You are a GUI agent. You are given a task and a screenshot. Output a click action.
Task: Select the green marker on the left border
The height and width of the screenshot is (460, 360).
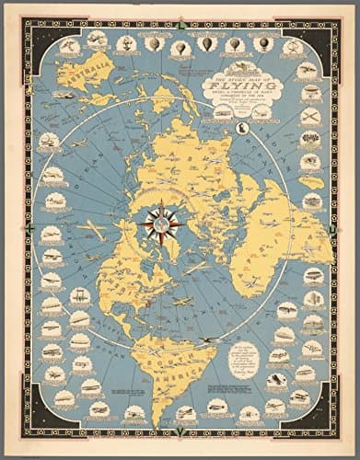(x=31, y=226)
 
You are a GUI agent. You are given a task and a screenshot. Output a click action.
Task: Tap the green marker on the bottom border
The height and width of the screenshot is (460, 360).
(x=181, y=433)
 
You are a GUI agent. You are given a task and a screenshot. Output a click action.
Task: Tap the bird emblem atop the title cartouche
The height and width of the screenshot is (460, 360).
(x=241, y=68)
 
